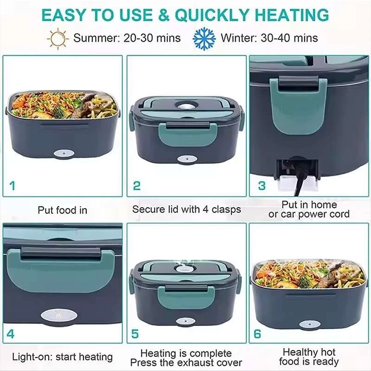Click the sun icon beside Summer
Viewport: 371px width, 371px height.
(x=58, y=38)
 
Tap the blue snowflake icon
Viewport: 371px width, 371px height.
(x=204, y=38)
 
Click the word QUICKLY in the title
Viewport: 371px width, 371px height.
(x=212, y=15)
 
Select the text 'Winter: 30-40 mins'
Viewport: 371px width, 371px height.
(x=269, y=38)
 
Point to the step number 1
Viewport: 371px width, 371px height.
(x=13, y=186)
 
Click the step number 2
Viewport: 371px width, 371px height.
(x=137, y=186)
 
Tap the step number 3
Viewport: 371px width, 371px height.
(x=262, y=186)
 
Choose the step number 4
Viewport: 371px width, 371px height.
(x=11, y=334)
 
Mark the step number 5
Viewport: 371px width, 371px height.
(x=135, y=334)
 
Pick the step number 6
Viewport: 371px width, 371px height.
(x=257, y=334)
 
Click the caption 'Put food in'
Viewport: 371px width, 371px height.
(x=63, y=210)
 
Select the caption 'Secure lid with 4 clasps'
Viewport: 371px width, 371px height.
(x=187, y=210)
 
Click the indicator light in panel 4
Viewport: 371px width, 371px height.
(x=58, y=315)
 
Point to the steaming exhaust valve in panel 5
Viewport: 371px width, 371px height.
(x=183, y=268)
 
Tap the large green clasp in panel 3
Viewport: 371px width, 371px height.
(x=299, y=104)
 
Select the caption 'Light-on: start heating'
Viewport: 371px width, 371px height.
(x=63, y=357)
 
